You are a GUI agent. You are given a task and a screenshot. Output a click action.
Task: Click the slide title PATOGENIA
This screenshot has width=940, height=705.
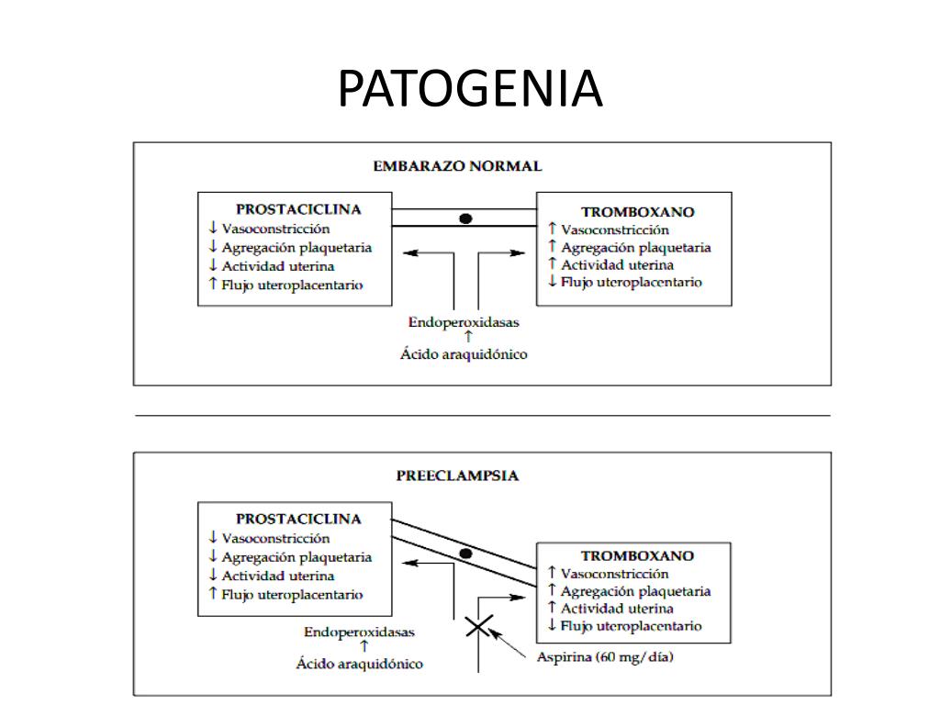470,88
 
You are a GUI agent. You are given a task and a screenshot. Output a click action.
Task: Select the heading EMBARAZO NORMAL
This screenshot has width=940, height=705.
457,166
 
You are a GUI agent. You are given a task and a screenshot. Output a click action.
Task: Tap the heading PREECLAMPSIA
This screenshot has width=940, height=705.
457,476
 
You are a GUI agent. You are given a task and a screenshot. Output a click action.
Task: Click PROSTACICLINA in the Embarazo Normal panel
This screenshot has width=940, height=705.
298,209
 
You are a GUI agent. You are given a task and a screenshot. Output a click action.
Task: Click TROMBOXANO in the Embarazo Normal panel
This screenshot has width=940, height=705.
638,212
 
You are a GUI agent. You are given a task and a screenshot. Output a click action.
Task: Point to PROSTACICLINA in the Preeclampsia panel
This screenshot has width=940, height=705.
298,519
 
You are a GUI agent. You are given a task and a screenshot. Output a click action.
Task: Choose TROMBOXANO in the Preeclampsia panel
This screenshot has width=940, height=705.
638,555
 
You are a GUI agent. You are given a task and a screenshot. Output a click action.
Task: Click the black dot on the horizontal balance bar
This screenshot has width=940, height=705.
465,218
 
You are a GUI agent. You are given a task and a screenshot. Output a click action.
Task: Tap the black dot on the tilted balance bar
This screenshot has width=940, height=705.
465,554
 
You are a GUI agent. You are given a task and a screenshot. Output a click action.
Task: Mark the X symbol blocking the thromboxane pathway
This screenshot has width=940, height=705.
478,627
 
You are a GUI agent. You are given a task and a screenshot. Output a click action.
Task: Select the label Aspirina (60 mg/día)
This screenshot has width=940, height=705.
605,657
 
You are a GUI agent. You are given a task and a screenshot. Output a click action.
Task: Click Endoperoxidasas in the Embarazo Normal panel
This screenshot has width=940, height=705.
464,322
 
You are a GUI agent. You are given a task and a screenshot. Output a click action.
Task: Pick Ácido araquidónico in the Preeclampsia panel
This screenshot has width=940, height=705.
359,663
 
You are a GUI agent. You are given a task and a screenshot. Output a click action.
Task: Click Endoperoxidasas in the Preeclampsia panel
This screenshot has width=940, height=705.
359,632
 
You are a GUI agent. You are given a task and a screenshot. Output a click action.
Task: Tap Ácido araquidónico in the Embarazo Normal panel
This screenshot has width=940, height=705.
464,353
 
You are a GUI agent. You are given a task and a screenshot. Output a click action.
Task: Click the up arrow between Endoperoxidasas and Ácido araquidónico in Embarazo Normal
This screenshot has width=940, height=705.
468,337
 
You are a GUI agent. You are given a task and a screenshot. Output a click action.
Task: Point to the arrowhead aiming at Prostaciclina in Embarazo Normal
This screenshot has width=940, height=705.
410,253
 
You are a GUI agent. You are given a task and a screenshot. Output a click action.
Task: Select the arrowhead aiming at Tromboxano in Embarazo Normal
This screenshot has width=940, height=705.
518,253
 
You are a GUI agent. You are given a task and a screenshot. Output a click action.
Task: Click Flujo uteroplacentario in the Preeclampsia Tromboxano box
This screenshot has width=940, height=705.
632,626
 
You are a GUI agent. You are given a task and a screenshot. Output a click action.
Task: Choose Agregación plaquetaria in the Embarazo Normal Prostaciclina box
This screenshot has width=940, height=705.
297,248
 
